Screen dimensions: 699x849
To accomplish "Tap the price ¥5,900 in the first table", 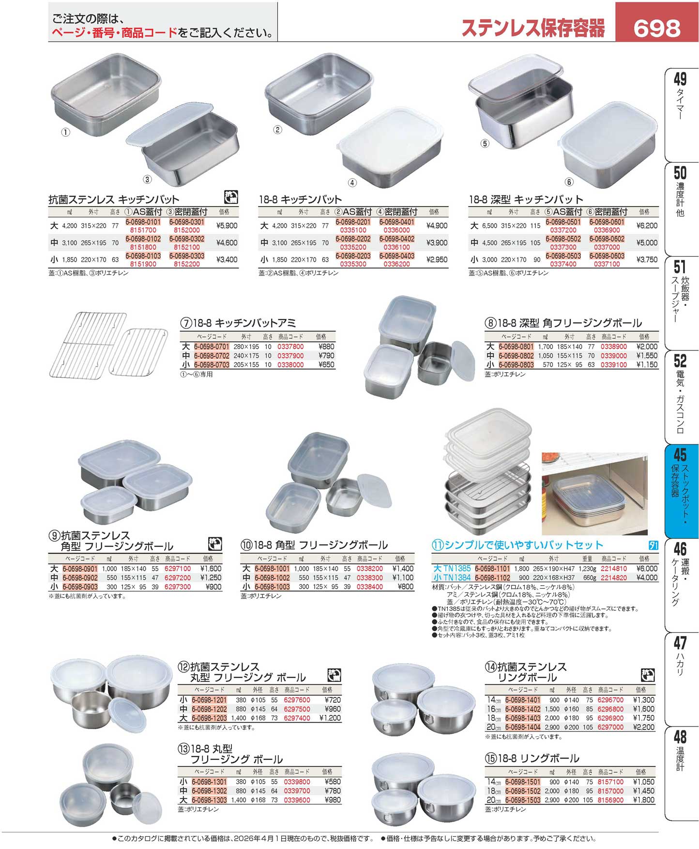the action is pos(227,226).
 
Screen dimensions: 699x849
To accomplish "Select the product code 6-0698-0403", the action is pos(397,256).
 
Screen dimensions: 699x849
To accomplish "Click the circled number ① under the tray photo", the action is pos(66,132).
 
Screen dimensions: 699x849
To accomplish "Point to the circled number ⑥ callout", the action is pos(569,182).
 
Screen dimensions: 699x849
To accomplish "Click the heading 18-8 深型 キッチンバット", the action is pos(526,199).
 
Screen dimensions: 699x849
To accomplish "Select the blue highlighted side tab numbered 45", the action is pos(680,491).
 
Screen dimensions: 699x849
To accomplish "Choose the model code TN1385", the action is pos(457,569).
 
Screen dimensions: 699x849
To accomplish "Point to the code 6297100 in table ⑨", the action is pos(178,569).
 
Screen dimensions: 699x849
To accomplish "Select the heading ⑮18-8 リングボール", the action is pos(532,758).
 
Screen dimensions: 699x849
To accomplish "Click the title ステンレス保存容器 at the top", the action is pos(533,28).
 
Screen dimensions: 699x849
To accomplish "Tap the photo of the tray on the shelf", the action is pos(594,494).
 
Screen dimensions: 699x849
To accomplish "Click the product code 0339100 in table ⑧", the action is pos(614,365).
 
